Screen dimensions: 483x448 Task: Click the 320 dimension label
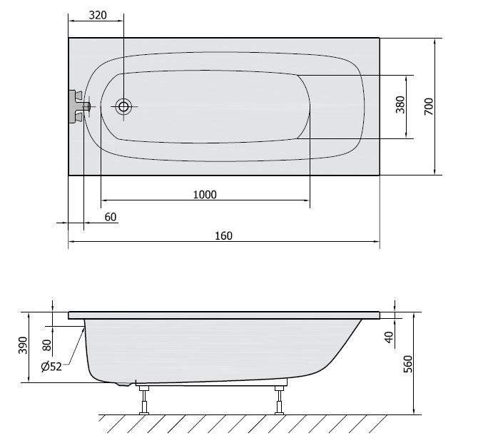[x=98, y=15]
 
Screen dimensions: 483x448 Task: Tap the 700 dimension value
[x=429, y=106]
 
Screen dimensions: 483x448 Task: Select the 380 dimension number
[x=400, y=105]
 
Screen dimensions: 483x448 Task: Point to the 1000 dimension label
[x=205, y=195]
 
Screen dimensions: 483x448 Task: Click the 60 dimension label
[x=111, y=217]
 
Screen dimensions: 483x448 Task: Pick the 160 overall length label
[x=223, y=236]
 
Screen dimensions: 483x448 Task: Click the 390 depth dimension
[x=23, y=345]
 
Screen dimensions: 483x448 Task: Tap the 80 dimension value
[x=46, y=345]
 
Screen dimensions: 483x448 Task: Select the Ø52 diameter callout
[x=51, y=367]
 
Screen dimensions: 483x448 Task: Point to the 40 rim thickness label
[x=390, y=337]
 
